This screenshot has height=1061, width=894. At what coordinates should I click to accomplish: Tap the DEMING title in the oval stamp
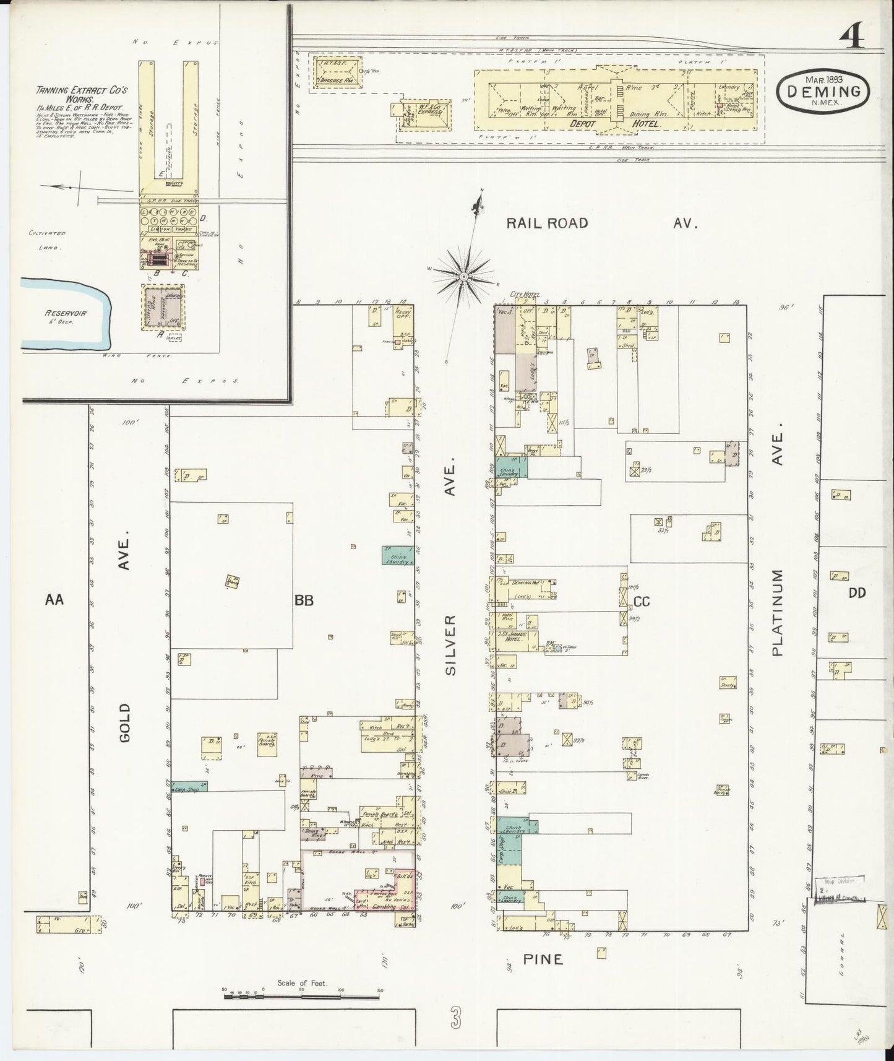point(823,92)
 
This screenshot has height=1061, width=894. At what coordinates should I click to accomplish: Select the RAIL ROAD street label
point(547,223)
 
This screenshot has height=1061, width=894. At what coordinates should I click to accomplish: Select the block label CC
point(641,600)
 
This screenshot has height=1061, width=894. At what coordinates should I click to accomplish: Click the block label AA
point(54,599)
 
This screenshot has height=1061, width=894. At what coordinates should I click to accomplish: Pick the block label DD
point(856,592)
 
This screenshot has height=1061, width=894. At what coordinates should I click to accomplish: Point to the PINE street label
point(543,959)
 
